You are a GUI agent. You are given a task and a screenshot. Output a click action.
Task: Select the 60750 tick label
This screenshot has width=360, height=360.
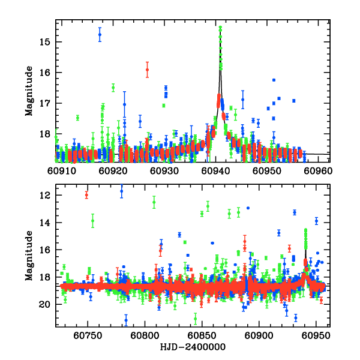pyautogui.click(x=88, y=337)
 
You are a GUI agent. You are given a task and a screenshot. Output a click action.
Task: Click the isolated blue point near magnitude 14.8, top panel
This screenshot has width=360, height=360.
pyautogui.click(x=100, y=35)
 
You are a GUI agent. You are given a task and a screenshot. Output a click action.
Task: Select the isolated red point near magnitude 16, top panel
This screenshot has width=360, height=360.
pyautogui.click(x=147, y=70)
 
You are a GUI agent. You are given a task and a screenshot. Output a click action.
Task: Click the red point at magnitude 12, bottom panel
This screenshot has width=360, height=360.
pyautogui.click(x=86, y=194)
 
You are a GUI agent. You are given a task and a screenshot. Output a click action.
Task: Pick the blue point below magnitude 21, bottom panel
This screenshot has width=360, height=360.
pyautogui.click(x=126, y=320)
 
